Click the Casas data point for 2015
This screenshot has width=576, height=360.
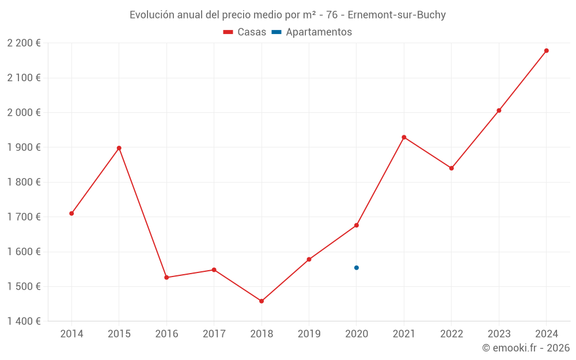pos(119,148)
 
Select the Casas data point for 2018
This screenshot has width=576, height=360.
pos(262,301)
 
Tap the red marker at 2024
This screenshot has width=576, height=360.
pos(546,51)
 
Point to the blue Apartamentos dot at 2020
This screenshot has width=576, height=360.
pos(357,268)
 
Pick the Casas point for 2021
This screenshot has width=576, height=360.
pos(404,137)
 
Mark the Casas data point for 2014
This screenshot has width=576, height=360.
pos(71,214)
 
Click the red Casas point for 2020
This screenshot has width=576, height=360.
pos(357,225)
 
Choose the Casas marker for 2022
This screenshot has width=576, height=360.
pos(452,168)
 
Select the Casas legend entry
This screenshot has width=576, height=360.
pos(245,32)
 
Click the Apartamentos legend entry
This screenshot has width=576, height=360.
pos(312,32)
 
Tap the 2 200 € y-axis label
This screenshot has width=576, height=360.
pos(24,43)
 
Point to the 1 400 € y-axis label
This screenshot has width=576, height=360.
pos(24,321)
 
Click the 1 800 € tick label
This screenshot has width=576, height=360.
pos(24,182)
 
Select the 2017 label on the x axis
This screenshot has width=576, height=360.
pos(214,334)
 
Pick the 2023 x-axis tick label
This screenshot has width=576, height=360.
pos(499,334)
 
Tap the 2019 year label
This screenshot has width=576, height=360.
pos(309,334)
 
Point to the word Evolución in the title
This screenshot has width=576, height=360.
pos(151,15)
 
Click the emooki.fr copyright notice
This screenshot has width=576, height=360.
pos(526,348)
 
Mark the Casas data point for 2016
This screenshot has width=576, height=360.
pos(166,278)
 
